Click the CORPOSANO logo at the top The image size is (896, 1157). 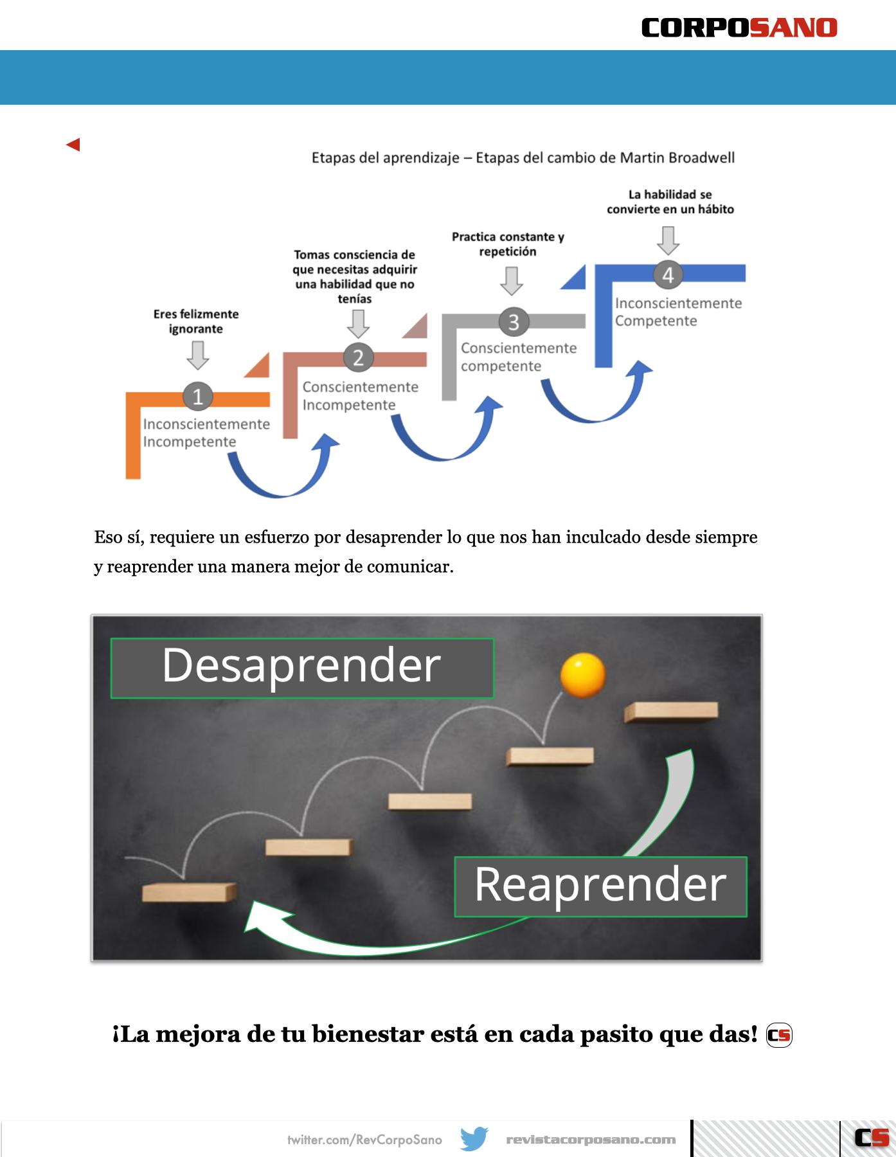(x=739, y=28)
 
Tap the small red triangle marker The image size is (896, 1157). (x=73, y=145)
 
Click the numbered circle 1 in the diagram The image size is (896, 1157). (x=197, y=396)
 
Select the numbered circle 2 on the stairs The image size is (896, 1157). (x=358, y=357)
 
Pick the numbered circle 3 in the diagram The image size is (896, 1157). (x=513, y=322)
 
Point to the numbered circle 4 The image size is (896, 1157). (x=668, y=275)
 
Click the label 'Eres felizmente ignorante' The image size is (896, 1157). (x=196, y=321)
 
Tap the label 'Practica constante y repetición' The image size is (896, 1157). (x=508, y=244)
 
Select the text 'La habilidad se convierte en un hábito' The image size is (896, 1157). (x=670, y=202)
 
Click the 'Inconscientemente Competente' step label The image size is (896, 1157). (x=677, y=312)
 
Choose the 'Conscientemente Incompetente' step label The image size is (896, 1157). (x=360, y=396)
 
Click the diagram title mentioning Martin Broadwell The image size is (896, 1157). (x=523, y=158)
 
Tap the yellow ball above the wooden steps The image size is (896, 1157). (x=582, y=674)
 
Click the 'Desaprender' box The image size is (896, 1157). (x=301, y=667)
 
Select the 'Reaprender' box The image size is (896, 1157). (x=600, y=886)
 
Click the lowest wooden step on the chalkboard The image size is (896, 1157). (x=189, y=892)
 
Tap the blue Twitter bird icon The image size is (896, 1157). (x=474, y=1139)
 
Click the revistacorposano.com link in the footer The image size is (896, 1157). (x=591, y=1140)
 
